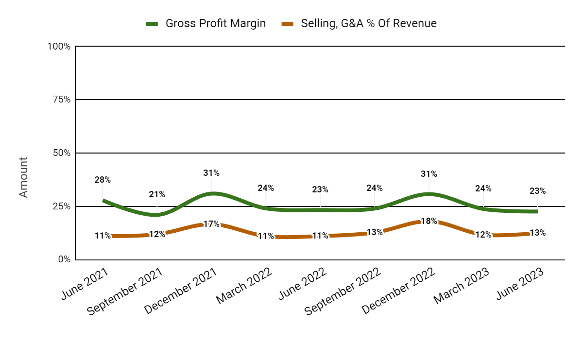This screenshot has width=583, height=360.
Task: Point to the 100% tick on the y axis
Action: [59, 47]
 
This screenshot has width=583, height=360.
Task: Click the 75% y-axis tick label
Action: [61, 100]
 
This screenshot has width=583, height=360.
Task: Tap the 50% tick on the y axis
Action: [61, 153]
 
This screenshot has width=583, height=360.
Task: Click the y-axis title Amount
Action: [24, 177]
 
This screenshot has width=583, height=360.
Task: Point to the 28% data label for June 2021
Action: [103, 180]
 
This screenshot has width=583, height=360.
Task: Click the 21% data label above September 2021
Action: [157, 194]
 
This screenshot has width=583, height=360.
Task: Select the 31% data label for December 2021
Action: [211, 173]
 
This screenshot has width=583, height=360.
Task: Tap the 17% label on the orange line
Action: [211, 224]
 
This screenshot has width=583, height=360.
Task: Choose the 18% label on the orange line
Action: [429, 221]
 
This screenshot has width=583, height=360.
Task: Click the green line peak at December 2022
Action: [429, 194]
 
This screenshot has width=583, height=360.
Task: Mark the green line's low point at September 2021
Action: [157, 215]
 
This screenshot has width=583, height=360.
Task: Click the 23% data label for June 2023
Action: [537, 191]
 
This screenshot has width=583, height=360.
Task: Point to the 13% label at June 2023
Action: [537, 233]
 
